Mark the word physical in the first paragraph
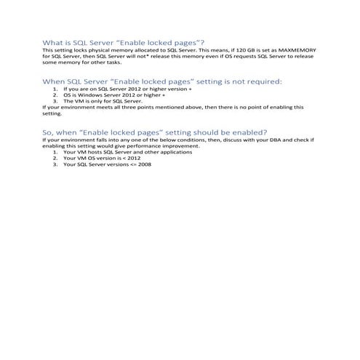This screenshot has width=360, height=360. pyautogui.click(x=97, y=51)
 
